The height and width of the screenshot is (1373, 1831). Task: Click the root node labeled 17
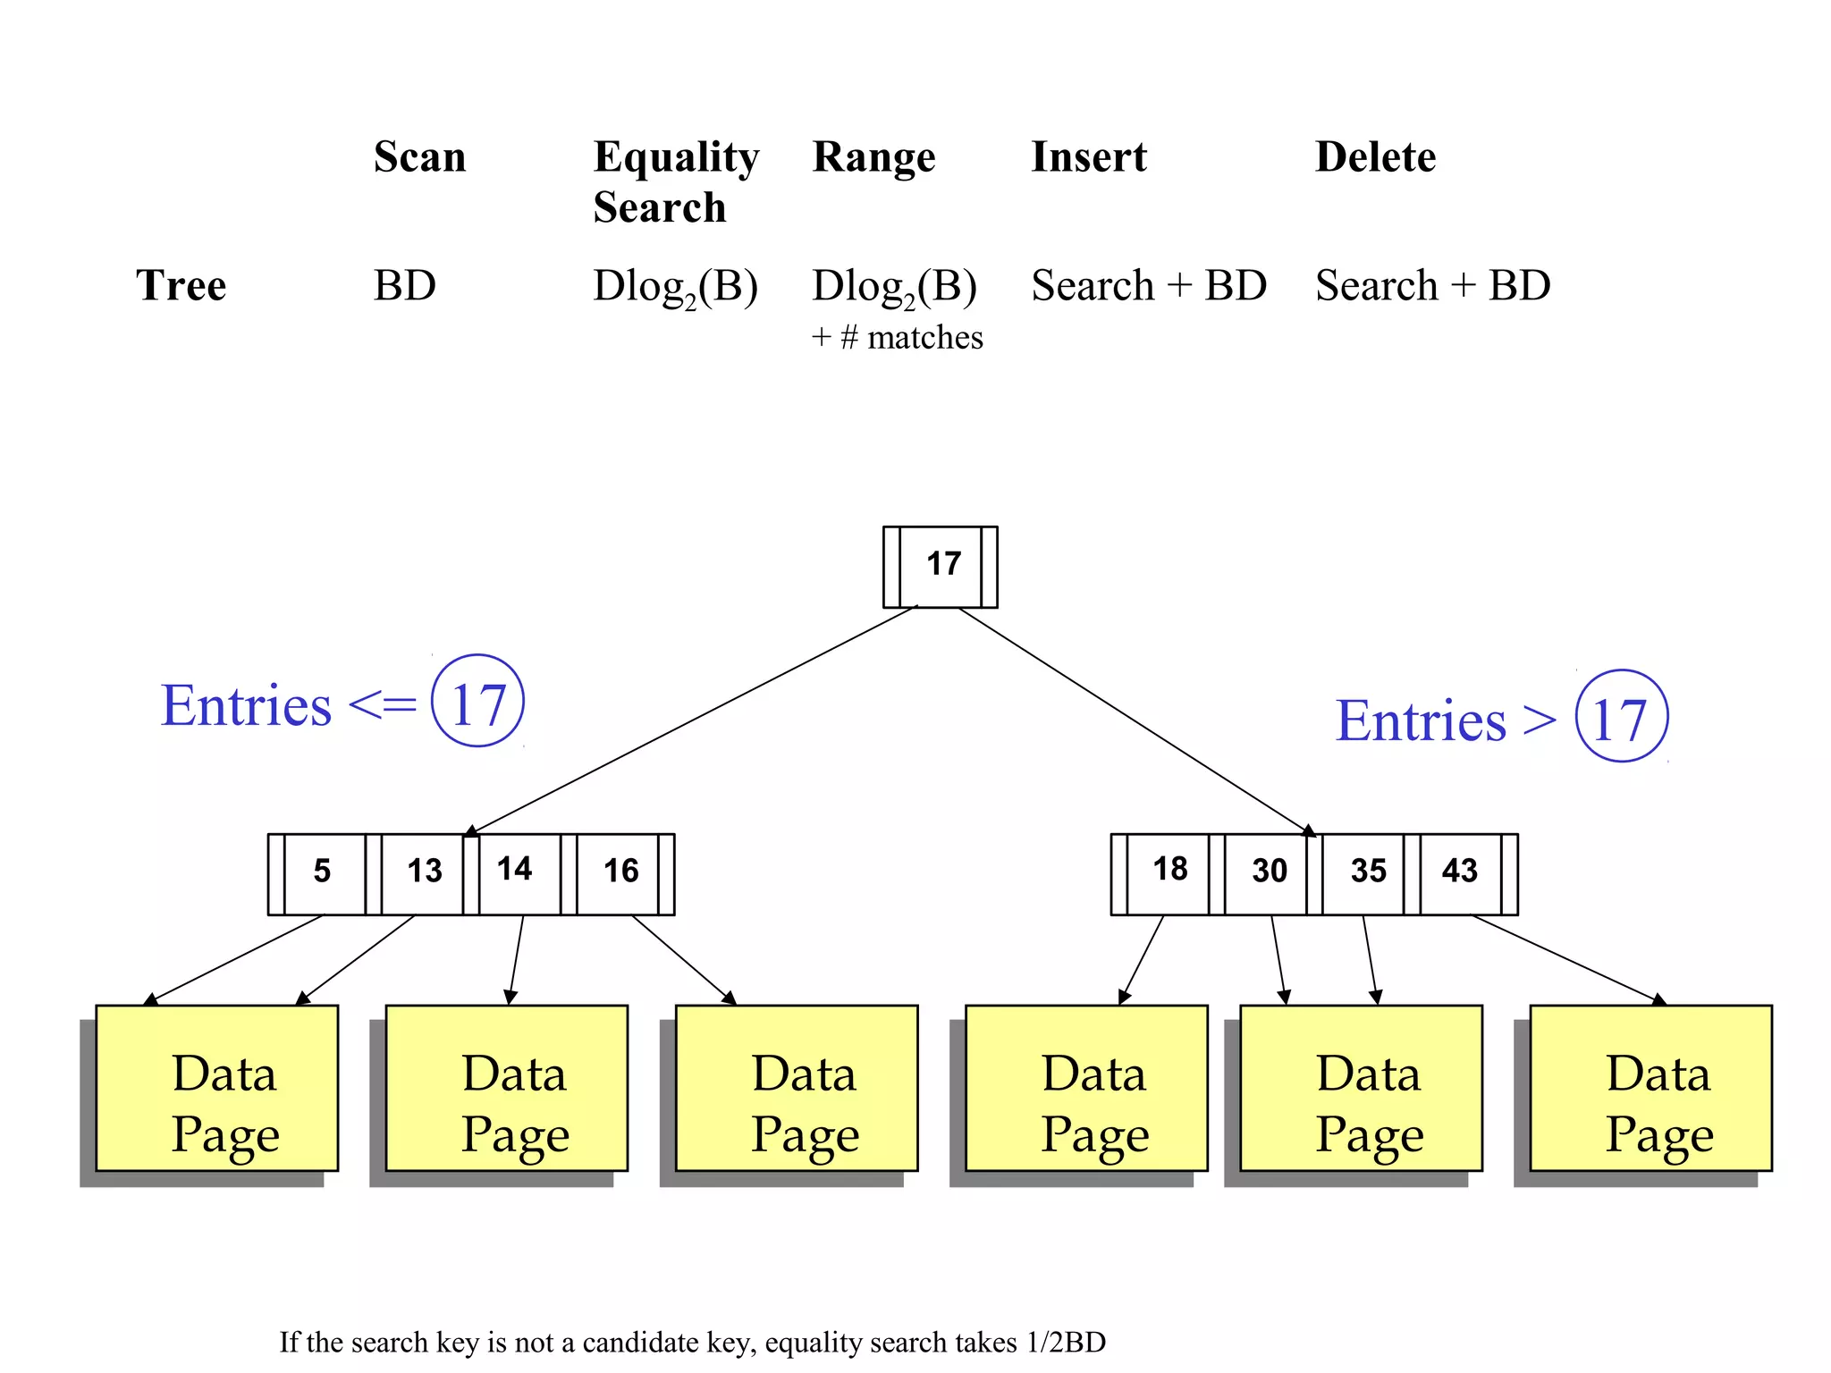point(941,566)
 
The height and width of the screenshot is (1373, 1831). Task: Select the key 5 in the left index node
point(323,872)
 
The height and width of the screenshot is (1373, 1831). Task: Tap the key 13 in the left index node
point(424,872)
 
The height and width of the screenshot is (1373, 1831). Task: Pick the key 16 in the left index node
point(620,872)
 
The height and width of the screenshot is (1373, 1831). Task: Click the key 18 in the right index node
point(1169,870)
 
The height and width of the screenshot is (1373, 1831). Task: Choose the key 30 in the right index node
point(1269,872)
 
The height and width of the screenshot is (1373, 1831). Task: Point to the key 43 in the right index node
point(1459,872)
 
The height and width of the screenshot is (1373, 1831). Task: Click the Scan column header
point(419,157)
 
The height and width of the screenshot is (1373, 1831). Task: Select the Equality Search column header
point(675,181)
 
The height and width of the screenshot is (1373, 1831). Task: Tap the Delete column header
point(1375,157)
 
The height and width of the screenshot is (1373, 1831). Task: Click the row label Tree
point(181,286)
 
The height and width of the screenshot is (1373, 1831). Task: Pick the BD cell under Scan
point(404,286)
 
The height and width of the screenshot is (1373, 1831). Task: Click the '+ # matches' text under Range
point(897,338)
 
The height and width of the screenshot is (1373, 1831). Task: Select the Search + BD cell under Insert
point(1149,286)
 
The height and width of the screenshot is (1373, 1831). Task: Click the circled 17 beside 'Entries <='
point(477,702)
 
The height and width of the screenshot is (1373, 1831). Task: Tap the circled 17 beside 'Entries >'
point(1620,717)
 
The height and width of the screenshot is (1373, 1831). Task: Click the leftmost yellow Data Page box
point(217,1088)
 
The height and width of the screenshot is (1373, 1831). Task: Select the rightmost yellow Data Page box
point(1650,1088)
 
